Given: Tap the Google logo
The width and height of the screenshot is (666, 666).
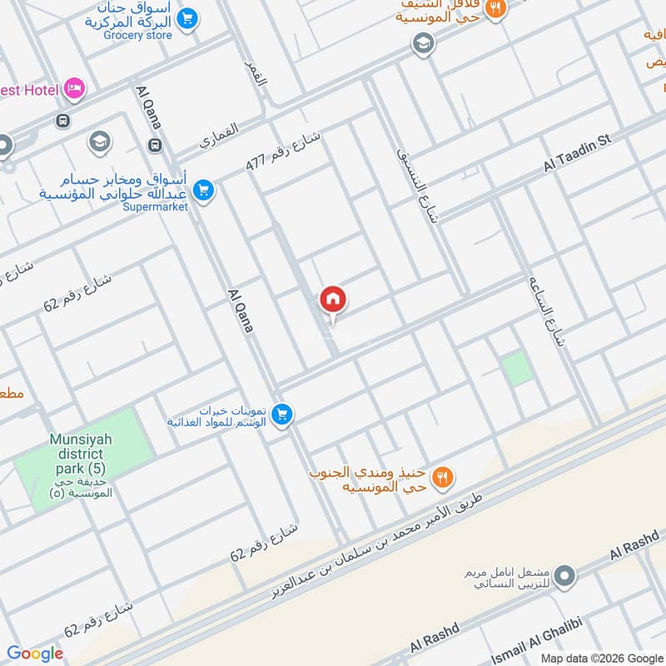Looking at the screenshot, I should tap(35, 654).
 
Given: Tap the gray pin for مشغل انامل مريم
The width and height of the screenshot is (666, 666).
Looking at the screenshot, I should tap(565, 575).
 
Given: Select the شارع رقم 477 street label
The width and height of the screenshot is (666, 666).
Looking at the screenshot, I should tap(284, 150).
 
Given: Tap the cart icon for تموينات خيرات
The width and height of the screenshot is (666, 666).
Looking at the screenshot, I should tap(282, 413).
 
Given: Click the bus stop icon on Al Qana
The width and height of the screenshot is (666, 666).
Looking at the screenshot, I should tap(155, 146).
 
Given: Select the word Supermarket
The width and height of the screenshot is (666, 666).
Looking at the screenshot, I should tap(156, 207).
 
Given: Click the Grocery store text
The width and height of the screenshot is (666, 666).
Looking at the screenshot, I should tap(138, 36).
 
